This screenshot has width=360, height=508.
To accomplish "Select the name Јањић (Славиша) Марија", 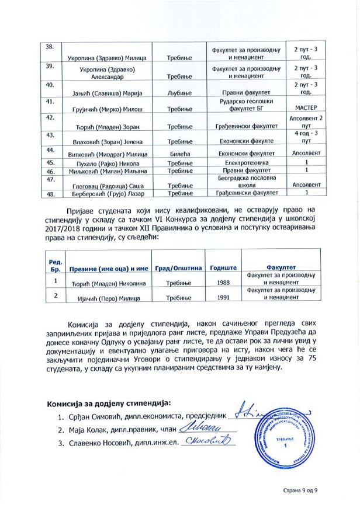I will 105,93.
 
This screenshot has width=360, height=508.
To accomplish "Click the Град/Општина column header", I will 178,268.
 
